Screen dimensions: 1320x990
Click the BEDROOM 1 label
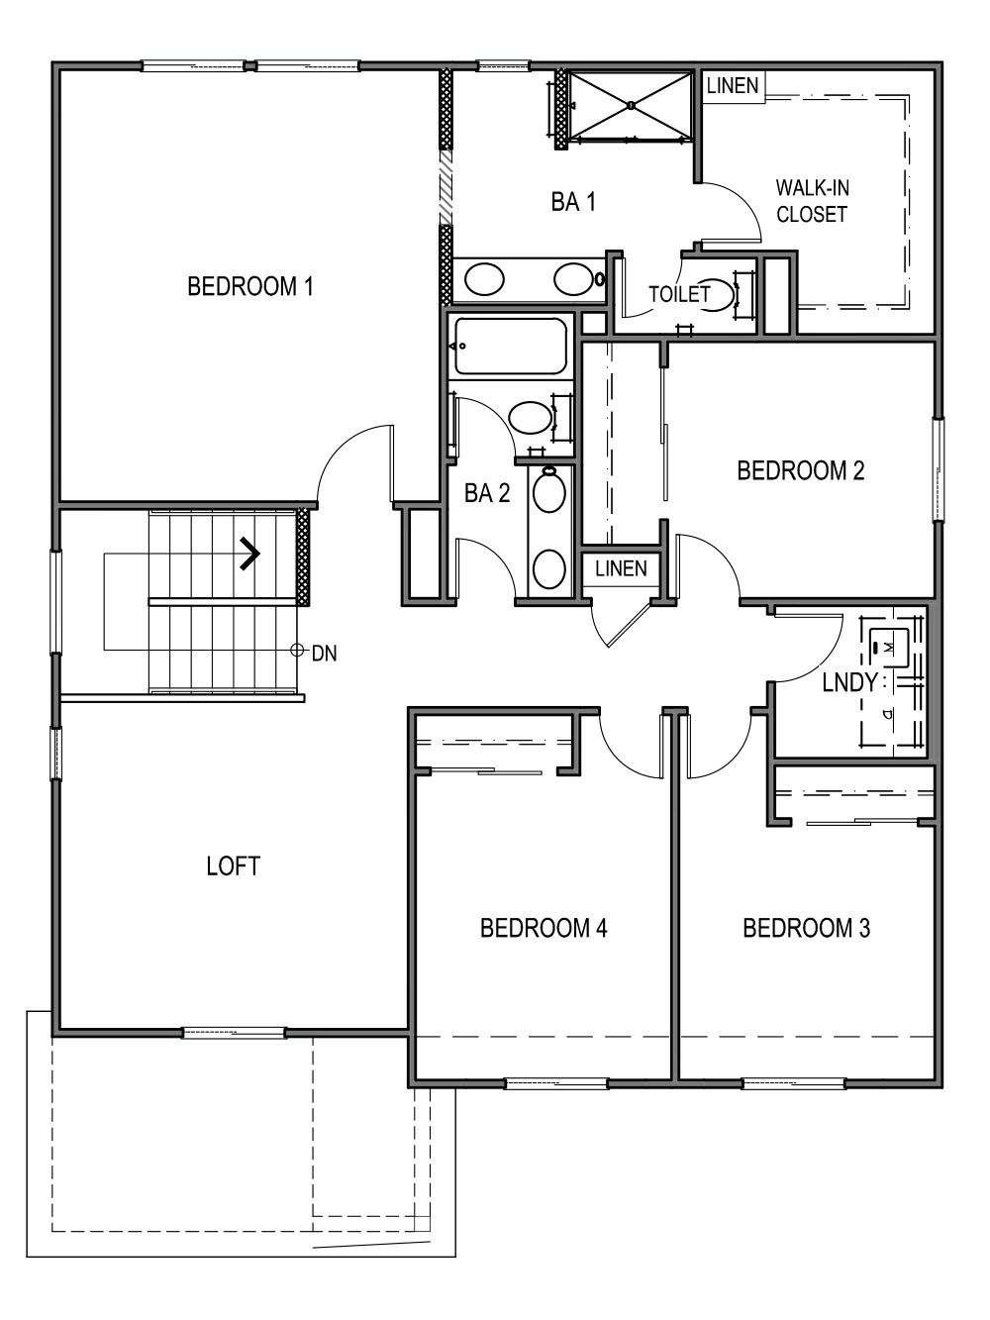pyautogui.click(x=250, y=287)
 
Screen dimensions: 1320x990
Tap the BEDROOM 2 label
pyautogui.click(x=800, y=470)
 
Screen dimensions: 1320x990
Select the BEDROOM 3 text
pyautogui.click(x=806, y=928)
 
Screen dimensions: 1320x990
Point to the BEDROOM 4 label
pyautogui.click(x=543, y=928)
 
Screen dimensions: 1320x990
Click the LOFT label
pyautogui.click(x=233, y=866)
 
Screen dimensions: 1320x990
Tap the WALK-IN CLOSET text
pyautogui.click(x=812, y=201)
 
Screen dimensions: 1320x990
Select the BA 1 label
pyautogui.click(x=573, y=203)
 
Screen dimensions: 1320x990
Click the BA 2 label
pyautogui.click(x=487, y=493)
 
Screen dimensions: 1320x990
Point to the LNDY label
pyautogui.click(x=849, y=682)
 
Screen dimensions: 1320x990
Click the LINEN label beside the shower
pyautogui.click(x=733, y=86)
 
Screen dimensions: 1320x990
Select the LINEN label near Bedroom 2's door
pyautogui.click(x=621, y=568)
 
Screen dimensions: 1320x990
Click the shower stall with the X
pyautogui.click(x=630, y=105)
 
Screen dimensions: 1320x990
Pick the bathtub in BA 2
pyautogui.click(x=511, y=347)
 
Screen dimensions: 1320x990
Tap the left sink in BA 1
pyautogui.click(x=484, y=279)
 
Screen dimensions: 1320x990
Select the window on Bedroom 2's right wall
pyautogui.click(x=938, y=468)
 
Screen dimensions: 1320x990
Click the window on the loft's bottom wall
pyautogui.click(x=235, y=1033)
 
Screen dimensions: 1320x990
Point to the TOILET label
pyautogui.click(x=679, y=294)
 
